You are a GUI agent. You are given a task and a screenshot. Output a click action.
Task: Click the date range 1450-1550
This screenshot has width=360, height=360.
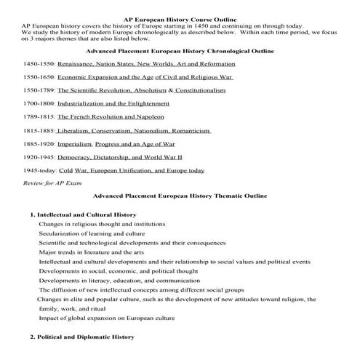[39, 65]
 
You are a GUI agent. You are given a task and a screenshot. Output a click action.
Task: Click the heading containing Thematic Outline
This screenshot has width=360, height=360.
[180, 196]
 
